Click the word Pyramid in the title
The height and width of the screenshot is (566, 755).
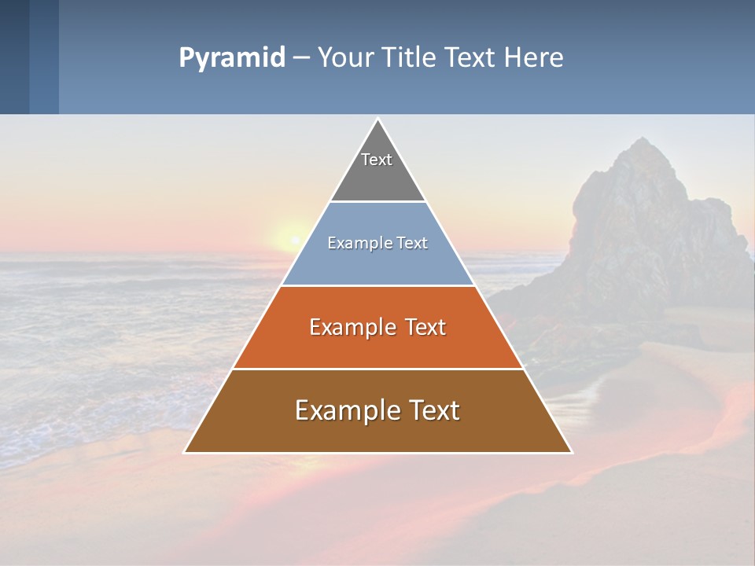click(231, 58)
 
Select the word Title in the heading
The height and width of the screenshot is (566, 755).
click(411, 58)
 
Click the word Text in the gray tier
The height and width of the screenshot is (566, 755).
click(377, 160)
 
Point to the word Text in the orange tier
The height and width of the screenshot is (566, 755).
click(425, 327)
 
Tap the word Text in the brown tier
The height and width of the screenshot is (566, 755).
click(434, 410)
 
